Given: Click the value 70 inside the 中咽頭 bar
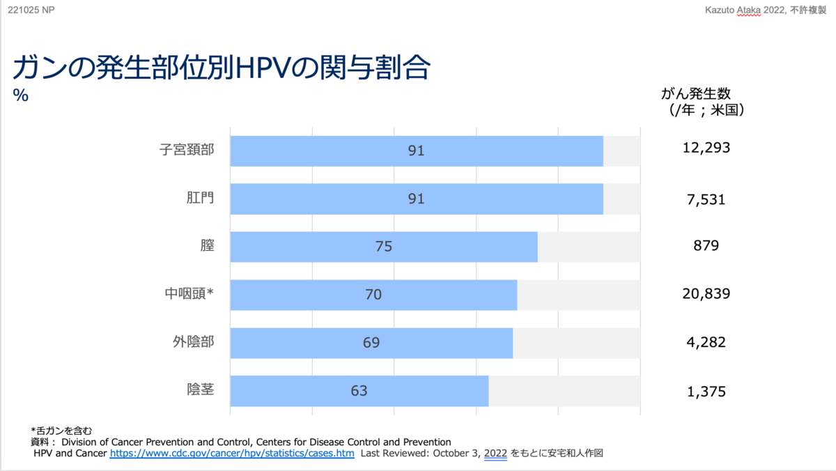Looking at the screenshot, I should pyautogui.click(x=373, y=295).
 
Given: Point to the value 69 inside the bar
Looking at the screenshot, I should pyautogui.click(x=371, y=343).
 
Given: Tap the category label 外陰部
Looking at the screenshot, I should pyautogui.click(x=193, y=342).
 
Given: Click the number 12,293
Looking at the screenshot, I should pyautogui.click(x=706, y=148).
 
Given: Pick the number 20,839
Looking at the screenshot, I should pyautogui.click(x=706, y=294).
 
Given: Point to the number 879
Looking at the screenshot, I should pyautogui.click(x=706, y=246).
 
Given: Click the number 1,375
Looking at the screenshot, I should pyautogui.click(x=706, y=392).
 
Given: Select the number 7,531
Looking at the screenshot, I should pyautogui.click(x=706, y=200).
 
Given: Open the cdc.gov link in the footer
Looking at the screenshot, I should pyautogui.click(x=232, y=454).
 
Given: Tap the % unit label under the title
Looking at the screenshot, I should pyautogui.click(x=21, y=96).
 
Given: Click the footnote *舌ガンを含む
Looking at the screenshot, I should pyautogui.click(x=61, y=430).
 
